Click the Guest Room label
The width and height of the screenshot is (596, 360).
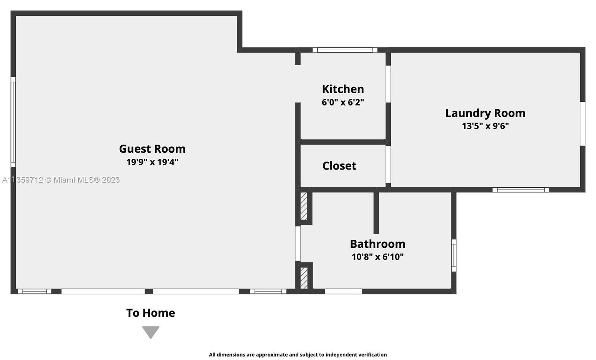(152, 149)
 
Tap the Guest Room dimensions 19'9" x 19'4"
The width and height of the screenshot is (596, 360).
(152, 162)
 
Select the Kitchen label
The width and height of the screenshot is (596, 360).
(343, 89)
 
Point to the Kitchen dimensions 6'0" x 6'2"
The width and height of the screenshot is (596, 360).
(343, 102)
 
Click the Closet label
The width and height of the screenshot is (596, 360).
(339, 166)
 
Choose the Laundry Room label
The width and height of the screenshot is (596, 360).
(485, 113)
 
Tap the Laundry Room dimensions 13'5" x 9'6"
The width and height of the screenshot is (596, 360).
(485, 126)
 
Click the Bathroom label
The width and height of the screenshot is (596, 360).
(378, 244)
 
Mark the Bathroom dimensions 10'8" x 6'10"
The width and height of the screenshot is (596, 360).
(378, 257)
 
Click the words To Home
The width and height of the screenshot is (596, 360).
(150, 313)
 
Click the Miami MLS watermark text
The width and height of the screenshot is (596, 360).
(61, 180)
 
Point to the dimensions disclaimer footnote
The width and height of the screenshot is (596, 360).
(298, 355)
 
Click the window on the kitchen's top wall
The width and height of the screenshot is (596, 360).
(345, 50)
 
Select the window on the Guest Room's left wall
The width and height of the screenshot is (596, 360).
(13, 122)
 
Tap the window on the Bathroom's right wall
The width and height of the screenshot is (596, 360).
(454, 256)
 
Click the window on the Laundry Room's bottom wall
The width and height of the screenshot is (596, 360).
(521, 190)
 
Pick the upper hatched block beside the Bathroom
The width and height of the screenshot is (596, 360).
(304, 206)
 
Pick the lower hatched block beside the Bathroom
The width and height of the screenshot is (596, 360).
(304, 278)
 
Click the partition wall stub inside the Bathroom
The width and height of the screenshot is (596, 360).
(376, 212)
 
